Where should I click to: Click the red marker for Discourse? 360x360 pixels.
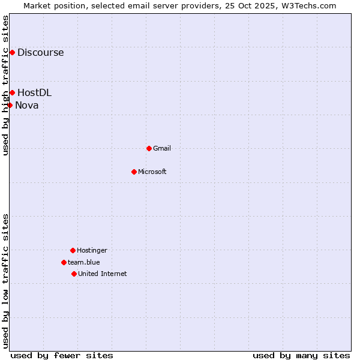12,53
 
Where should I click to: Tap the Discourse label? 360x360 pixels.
40,53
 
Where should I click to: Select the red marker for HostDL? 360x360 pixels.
12,93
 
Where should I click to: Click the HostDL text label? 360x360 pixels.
34,93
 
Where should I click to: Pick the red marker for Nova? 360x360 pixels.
10,106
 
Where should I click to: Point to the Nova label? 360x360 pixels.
26,106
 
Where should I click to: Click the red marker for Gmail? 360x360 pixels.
149,148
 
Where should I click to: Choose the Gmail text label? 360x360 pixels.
161,148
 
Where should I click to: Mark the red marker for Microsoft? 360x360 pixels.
134,172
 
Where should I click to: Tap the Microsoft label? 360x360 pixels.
152,172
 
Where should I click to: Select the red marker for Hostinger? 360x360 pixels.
73,250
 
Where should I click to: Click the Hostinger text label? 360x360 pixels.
92,250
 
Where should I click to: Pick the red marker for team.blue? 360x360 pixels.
64,262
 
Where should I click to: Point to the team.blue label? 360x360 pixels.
83,262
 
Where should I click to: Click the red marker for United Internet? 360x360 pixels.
74,274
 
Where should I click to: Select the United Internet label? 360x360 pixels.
102,274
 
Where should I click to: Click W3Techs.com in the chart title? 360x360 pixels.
309,5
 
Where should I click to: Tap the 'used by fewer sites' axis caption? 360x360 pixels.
62,355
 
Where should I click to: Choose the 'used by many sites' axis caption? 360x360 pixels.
301,355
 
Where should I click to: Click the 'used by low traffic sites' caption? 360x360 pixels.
5,281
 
